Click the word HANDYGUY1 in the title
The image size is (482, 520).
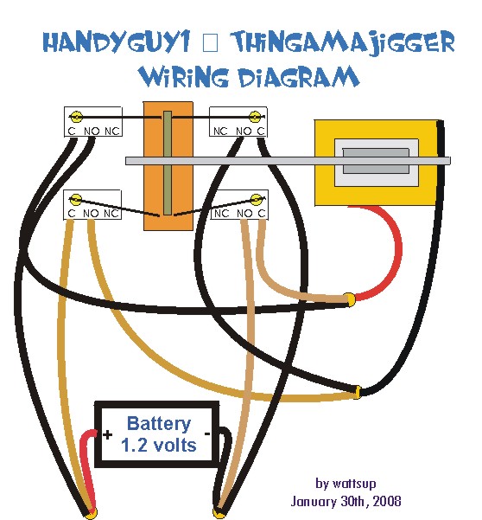117,42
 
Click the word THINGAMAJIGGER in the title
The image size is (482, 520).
342,43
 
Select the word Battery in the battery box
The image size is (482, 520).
159,424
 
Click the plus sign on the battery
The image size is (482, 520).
108,434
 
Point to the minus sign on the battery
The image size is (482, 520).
207,433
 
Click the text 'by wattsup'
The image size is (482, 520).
346,484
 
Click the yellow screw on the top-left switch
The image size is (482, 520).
76,117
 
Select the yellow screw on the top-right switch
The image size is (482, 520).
255,117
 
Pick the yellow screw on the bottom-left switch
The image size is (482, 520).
76,200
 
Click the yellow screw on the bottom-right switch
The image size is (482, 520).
256,200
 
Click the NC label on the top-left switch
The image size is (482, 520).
112,132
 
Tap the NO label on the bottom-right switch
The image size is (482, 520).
244,214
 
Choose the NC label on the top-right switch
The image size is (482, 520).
220,132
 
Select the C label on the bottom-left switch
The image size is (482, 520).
71,214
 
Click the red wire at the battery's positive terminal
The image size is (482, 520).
88,471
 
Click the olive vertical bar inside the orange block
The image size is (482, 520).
168,163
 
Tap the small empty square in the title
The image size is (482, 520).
210,43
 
